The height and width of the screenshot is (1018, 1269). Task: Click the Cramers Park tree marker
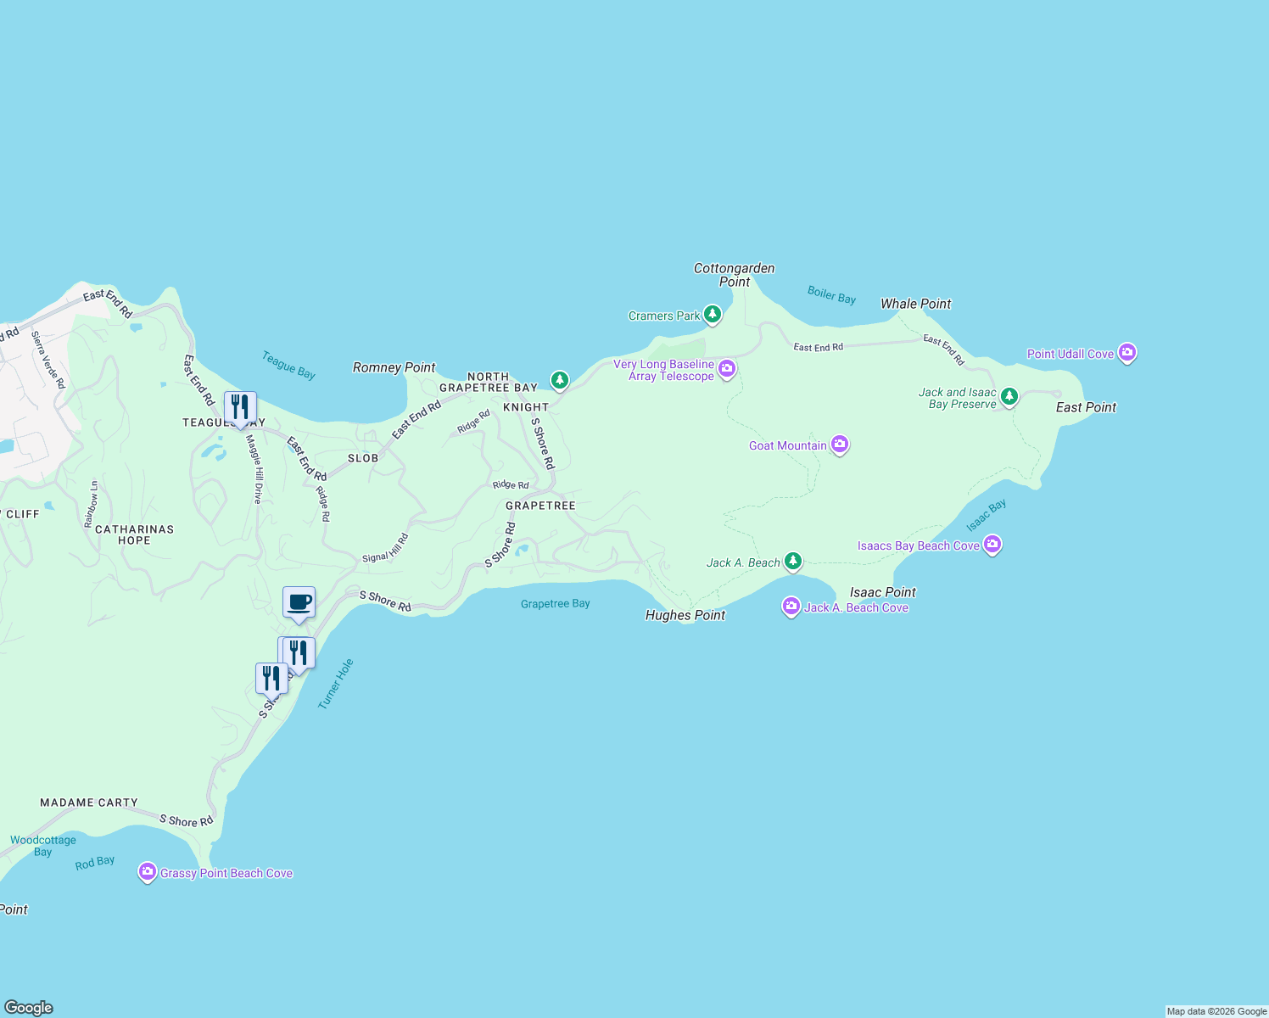point(713,315)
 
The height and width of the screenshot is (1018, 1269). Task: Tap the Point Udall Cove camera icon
point(1126,353)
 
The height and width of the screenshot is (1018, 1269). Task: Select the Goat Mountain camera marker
point(839,445)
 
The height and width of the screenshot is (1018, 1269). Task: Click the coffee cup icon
point(299,603)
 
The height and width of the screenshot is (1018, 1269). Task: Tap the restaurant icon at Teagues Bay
point(240,408)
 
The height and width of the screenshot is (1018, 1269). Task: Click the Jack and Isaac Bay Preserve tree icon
point(1009,396)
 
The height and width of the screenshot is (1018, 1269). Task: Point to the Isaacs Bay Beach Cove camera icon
point(992,545)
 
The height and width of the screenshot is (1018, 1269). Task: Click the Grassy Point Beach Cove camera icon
point(148,872)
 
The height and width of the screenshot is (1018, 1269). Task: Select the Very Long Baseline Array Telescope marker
point(726,368)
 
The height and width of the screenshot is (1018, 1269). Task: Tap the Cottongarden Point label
point(735,275)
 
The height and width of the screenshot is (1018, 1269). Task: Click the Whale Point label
point(915,304)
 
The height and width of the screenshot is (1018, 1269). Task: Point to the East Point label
point(1086,407)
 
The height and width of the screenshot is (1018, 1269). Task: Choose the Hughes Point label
point(685,615)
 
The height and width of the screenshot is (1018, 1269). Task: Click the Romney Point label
point(394,367)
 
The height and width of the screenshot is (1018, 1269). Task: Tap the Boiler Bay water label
point(831,295)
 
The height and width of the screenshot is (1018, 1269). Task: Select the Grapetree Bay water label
point(555,604)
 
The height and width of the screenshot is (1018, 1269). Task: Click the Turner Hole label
point(335,684)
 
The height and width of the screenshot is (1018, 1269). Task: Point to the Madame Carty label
point(89,803)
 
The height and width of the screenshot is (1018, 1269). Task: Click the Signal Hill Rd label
point(386,548)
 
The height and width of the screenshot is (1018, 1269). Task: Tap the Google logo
point(29,1007)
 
